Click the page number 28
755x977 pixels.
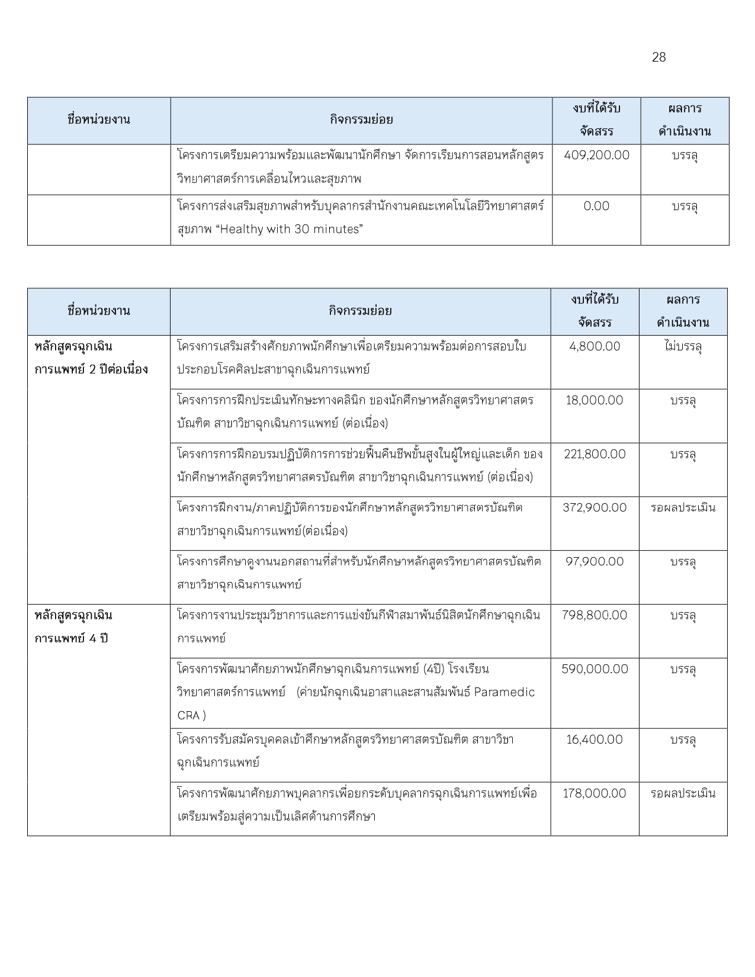pyautogui.click(x=658, y=57)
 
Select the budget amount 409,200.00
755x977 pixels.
pyautogui.click(x=596, y=156)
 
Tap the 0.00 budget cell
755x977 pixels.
pyautogui.click(x=596, y=206)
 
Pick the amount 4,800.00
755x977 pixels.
pyautogui.click(x=595, y=346)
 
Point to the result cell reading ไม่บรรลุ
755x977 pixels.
pyautogui.click(x=683, y=346)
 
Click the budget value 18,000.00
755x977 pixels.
pyautogui.click(x=595, y=400)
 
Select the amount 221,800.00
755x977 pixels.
pyautogui.click(x=595, y=454)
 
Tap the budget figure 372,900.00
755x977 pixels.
pyautogui.click(x=595, y=508)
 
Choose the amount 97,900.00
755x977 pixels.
pyautogui.click(x=595, y=561)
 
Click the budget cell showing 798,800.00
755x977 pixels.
pyautogui.click(x=595, y=615)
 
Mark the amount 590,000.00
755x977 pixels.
pyautogui.click(x=595, y=669)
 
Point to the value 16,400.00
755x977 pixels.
pyautogui.click(x=595, y=740)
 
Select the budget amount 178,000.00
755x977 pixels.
pyautogui.click(x=595, y=793)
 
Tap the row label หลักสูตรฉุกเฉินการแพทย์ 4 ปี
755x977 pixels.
pyautogui.click(x=73, y=627)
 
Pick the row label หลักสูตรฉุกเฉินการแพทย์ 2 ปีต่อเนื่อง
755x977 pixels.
pyautogui.click(x=91, y=358)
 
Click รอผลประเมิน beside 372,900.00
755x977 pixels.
pyautogui.click(x=683, y=508)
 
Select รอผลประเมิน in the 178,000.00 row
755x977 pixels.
pyautogui.click(x=683, y=793)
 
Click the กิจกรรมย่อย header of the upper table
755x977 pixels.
pyautogui.click(x=361, y=120)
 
